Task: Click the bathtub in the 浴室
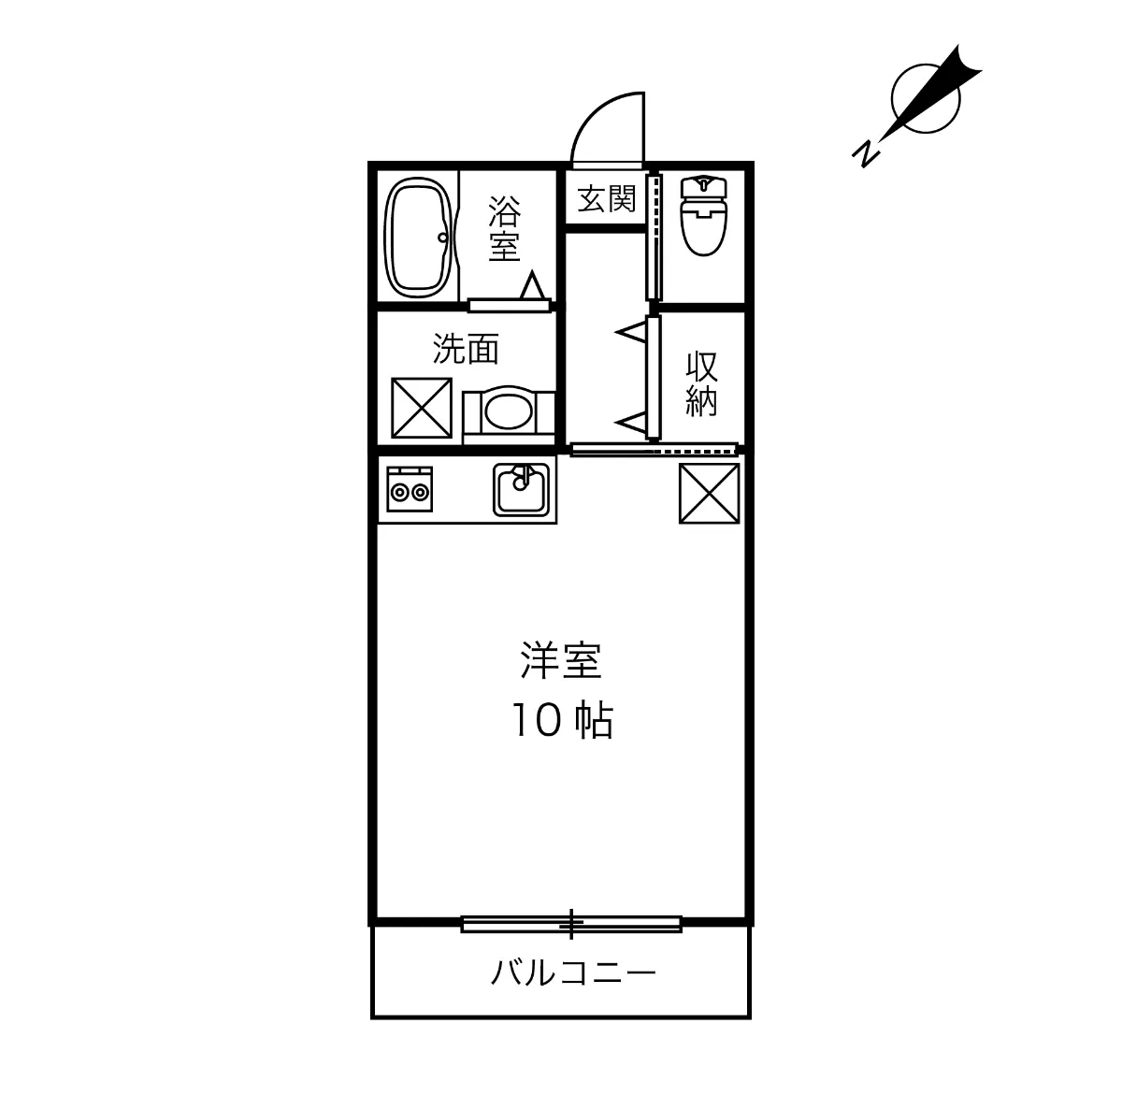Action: (418, 236)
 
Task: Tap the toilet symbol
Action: (703, 217)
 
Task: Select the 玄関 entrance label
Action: (606, 198)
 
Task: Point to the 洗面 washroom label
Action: (465, 349)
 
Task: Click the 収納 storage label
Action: (701, 382)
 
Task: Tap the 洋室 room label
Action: (560, 661)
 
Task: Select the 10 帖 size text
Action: (560, 720)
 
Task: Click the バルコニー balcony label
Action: (573, 974)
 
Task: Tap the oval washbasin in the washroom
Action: (510, 410)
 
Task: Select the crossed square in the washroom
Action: (421, 407)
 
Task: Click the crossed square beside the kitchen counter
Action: (709, 494)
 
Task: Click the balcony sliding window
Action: (571, 924)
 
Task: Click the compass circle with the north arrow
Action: (923, 98)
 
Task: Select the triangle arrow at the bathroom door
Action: (534, 284)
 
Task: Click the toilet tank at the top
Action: (703, 186)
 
